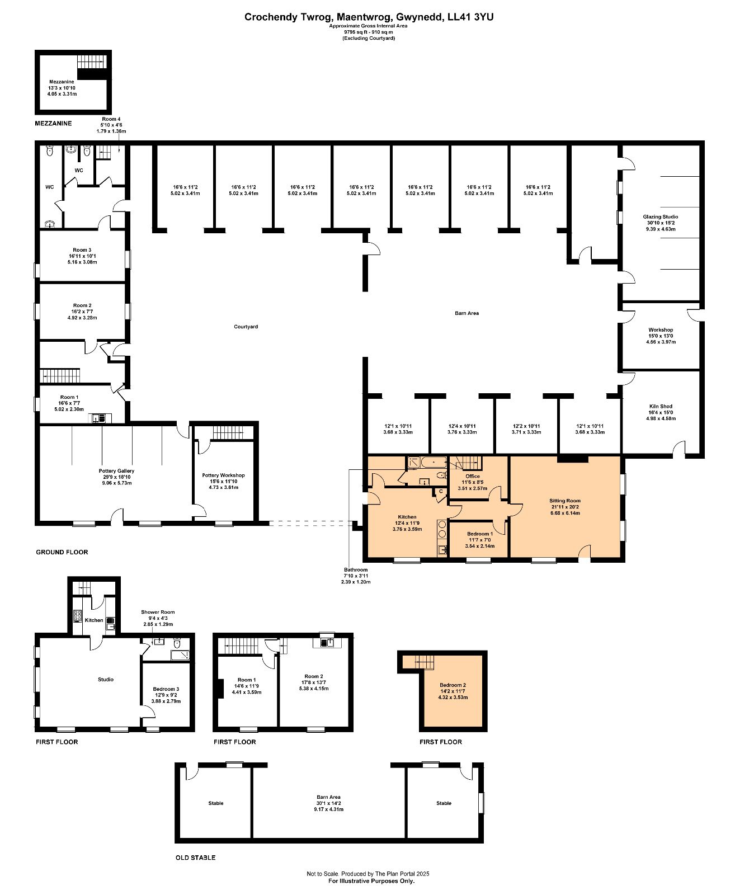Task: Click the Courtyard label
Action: [246, 327]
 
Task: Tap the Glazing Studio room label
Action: [660, 217]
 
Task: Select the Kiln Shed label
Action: [660, 406]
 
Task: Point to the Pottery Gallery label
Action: [116, 471]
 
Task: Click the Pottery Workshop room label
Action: [223, 475]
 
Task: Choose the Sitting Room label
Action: [565, 501]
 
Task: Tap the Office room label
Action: [472, 476]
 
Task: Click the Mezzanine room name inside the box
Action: [62, 82]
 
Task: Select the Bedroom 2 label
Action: [453, 685]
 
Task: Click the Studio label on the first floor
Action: [106, 680]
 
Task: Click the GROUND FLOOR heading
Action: [62, 552]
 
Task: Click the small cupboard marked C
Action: [441, 492]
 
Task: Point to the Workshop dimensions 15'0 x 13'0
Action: [661, 336]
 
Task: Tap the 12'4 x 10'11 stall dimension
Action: [462, 426]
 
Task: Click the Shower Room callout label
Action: [158, 612]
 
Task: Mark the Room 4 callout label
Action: [111, 119]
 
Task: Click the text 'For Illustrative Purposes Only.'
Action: [371, 880]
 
